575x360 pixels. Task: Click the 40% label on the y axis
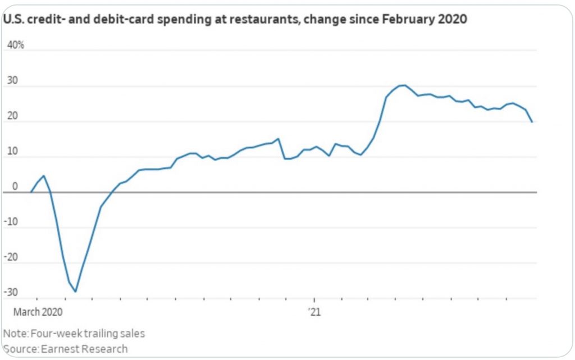pos(15,45)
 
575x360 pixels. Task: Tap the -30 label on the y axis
pos(11,293)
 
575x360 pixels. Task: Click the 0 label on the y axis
pos(15,186)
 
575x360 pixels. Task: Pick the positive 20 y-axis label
pos(13,116)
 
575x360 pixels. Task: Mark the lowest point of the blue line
pos(75,291)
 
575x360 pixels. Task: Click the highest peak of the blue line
pos(402,85)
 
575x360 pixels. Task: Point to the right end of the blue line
pos(532,122)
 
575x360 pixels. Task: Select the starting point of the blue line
pos(31,192)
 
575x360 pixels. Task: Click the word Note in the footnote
pos(14,333)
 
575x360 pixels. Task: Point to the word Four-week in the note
pos(52,333)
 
